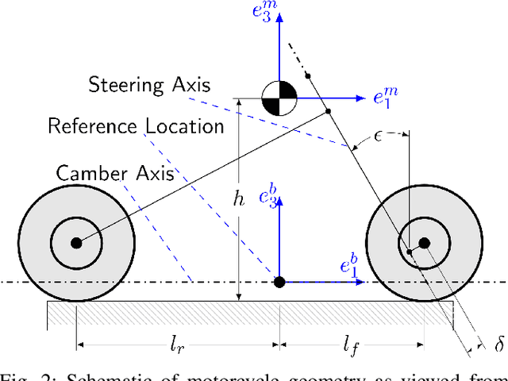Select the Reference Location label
pos(135,125)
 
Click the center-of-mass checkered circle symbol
pos(279,98)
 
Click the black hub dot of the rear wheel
pos(76,243)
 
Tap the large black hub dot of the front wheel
pos(424,243)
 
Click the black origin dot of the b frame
pos(279,282)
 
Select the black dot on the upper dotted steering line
pos(308,76)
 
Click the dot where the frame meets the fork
pos(327,113)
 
